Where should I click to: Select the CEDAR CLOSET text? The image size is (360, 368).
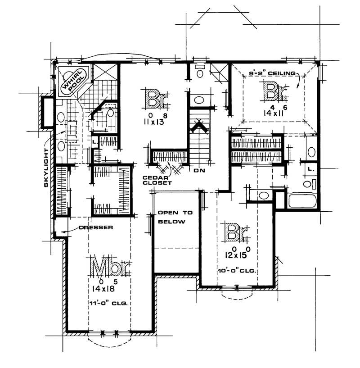coord(157,180)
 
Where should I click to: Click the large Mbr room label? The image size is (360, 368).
coord(110,268)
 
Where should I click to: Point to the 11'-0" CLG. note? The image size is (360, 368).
coord(109,304)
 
